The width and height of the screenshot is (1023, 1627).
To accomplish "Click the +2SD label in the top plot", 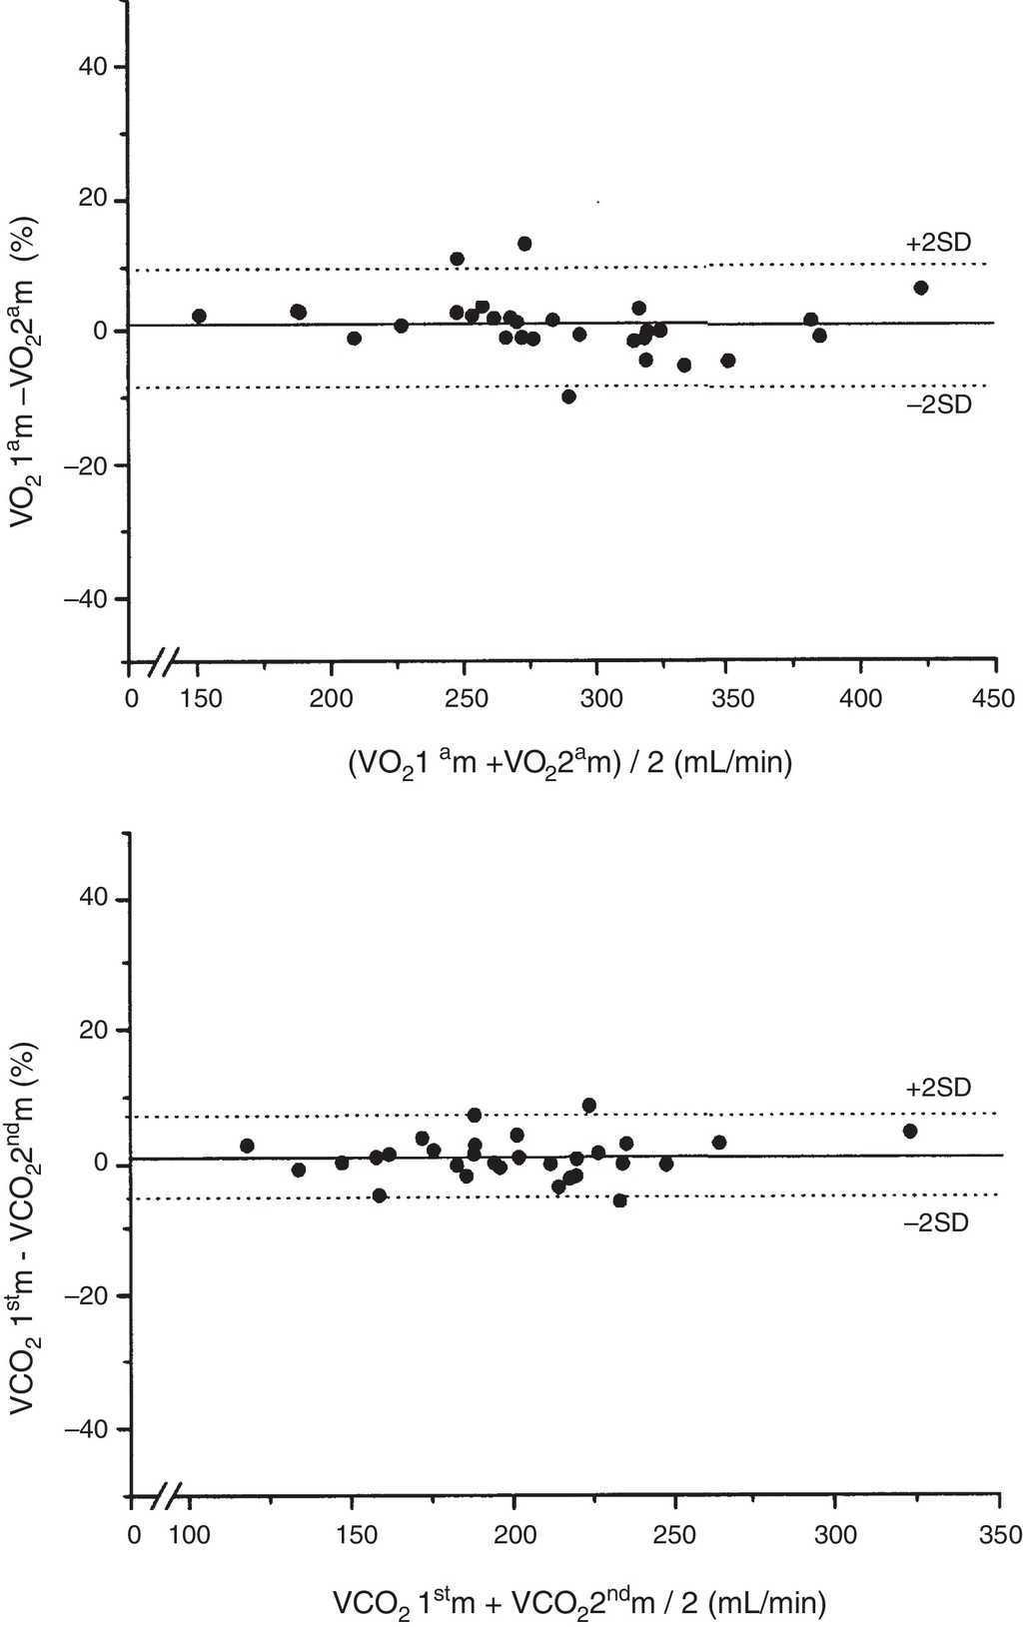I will click(x=938, y=243).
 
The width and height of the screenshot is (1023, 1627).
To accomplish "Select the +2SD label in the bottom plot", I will click(x=938, y=1088).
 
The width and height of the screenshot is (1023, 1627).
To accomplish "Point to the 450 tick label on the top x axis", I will click(x=994, y=699).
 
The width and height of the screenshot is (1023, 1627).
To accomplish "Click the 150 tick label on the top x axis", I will click(x=202, y=699).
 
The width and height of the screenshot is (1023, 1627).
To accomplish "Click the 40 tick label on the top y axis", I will click(x=96, y=67).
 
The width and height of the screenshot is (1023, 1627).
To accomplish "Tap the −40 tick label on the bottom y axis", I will click(x=88, y=1430).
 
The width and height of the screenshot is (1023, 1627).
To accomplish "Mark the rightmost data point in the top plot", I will click(x=920, y=288).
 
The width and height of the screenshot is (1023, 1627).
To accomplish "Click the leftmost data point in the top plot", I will click(x=199, y=316).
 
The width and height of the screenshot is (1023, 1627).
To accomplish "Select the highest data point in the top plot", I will click(x=524, y=244).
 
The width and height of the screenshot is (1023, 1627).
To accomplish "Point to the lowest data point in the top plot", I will click(x=568, y=397).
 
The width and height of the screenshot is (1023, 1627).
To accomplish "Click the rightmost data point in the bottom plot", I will click(x=909, y=1131).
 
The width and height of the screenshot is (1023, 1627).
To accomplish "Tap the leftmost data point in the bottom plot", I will click(x=247, y=1146).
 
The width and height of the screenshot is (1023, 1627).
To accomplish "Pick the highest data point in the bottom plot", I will click(x=589, y=1105).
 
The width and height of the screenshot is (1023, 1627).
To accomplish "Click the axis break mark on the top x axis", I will click(x=167, y=660).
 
